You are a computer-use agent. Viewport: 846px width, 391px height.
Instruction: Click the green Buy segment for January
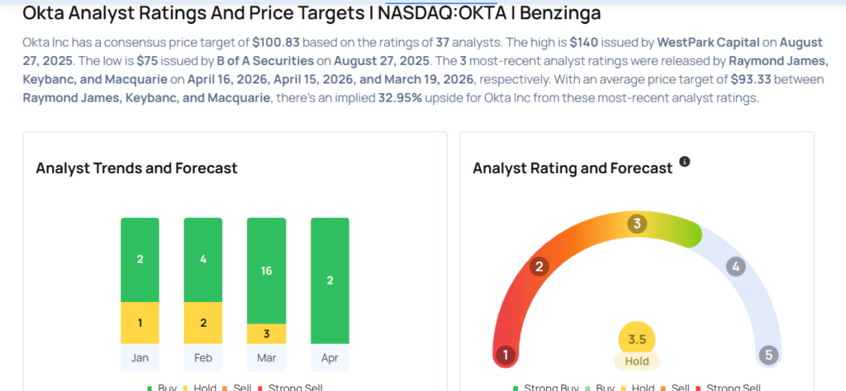click(x=140, y=260)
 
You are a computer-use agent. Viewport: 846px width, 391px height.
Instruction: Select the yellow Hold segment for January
click(x=140, y=323)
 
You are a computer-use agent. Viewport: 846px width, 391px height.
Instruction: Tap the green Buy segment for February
click(x=203, y=260)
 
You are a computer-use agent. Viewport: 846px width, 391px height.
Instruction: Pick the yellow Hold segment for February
click(x=203, y=323)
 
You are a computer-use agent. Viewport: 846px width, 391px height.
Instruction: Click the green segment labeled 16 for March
click(x=267, y=271)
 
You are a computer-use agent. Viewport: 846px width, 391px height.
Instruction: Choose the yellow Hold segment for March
click(x=267, y=333)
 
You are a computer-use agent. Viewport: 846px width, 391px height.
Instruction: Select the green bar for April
click(x=330, y=280)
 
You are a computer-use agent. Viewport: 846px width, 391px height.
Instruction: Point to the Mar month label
click(x=267, y=357)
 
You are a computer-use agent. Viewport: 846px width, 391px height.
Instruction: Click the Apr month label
click(x=330, y=357)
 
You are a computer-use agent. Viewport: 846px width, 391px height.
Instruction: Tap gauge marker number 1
click(x=505, y=356)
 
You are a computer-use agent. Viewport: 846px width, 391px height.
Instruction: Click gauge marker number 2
click(x=539, y=266)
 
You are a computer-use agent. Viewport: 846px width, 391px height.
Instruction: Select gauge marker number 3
click(x=636, y=224)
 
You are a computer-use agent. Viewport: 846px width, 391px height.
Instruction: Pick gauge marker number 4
click(x=735, y=266)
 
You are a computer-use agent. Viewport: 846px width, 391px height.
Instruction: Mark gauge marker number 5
click(x=768, y=356)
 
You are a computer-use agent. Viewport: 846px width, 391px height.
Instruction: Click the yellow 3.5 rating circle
click(x=637, y=338)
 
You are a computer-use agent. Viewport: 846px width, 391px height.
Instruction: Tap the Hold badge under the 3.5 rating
click(x=637, y=360)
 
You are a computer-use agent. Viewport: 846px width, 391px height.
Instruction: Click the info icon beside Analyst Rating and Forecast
click(x=684, y=162)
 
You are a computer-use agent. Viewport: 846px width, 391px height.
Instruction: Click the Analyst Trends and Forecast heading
click(x=136, y=168)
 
